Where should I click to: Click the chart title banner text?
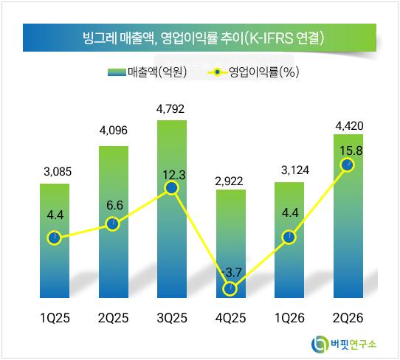(x=203, y=38)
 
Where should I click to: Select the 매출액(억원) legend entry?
(x=147, y=72)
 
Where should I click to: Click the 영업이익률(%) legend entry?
(x=253, y=72)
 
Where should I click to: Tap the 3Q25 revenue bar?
(x=172, y=209)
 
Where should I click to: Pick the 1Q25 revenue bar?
(x=55, y=240)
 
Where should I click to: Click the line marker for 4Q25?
(x=230, y=288)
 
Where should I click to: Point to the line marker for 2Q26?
(x=348, y=165)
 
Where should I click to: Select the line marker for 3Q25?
(x=172, y=188)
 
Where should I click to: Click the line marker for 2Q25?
(x=112, y=224)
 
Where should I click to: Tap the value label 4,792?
(x=170, y=109)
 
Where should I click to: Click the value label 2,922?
(x=229, y=181)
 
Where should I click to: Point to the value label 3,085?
(x=58, y=172)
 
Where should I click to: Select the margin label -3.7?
(x=232, y=272)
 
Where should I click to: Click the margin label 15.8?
(x=351, y=150)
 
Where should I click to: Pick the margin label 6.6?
(x=114, y=206)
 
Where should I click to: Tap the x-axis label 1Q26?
(x=289, y=318)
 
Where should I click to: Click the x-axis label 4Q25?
(x=230, y=318)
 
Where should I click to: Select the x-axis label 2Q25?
(x=113, y=318)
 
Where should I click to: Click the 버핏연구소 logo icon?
(x=320, y=345)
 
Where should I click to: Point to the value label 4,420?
(x=349, y=126)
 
